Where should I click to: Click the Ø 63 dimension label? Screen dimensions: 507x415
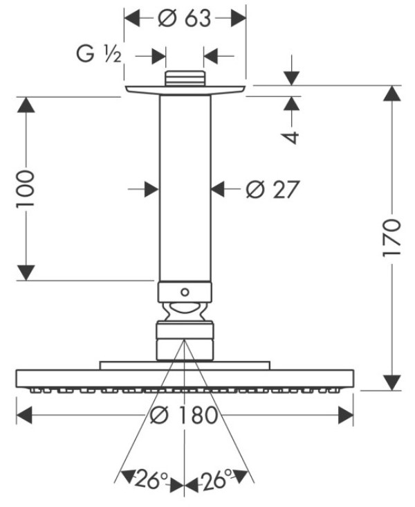point(184,19)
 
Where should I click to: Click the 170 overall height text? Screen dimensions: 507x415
point(391,238)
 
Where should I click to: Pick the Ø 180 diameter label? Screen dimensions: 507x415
point(184,416)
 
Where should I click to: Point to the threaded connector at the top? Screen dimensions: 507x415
point(184,78)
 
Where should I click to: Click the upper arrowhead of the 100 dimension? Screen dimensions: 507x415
point(26,105)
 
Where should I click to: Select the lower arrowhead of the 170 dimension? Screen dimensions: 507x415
point(392,381)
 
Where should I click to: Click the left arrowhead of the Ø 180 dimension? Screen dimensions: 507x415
point(25,415)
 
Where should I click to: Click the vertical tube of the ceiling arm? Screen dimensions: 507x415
point(184,187)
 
